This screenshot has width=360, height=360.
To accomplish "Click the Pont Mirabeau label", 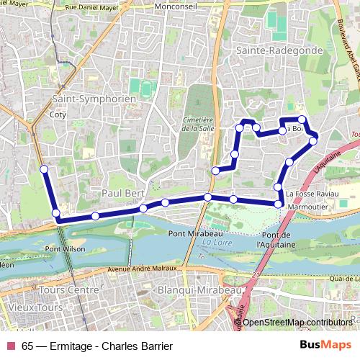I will (x=195, y=234).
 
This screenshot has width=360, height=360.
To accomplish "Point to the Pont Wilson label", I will (x=65, y=249).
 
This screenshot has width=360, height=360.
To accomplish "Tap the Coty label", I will (x=58, y=114).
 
